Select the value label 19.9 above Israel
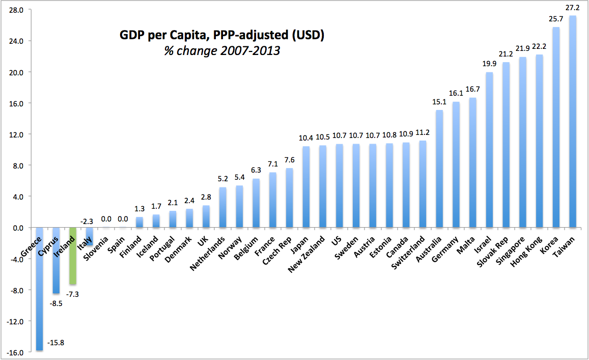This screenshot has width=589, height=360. tap(489, 65)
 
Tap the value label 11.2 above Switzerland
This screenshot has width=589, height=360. tap(422, 133)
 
